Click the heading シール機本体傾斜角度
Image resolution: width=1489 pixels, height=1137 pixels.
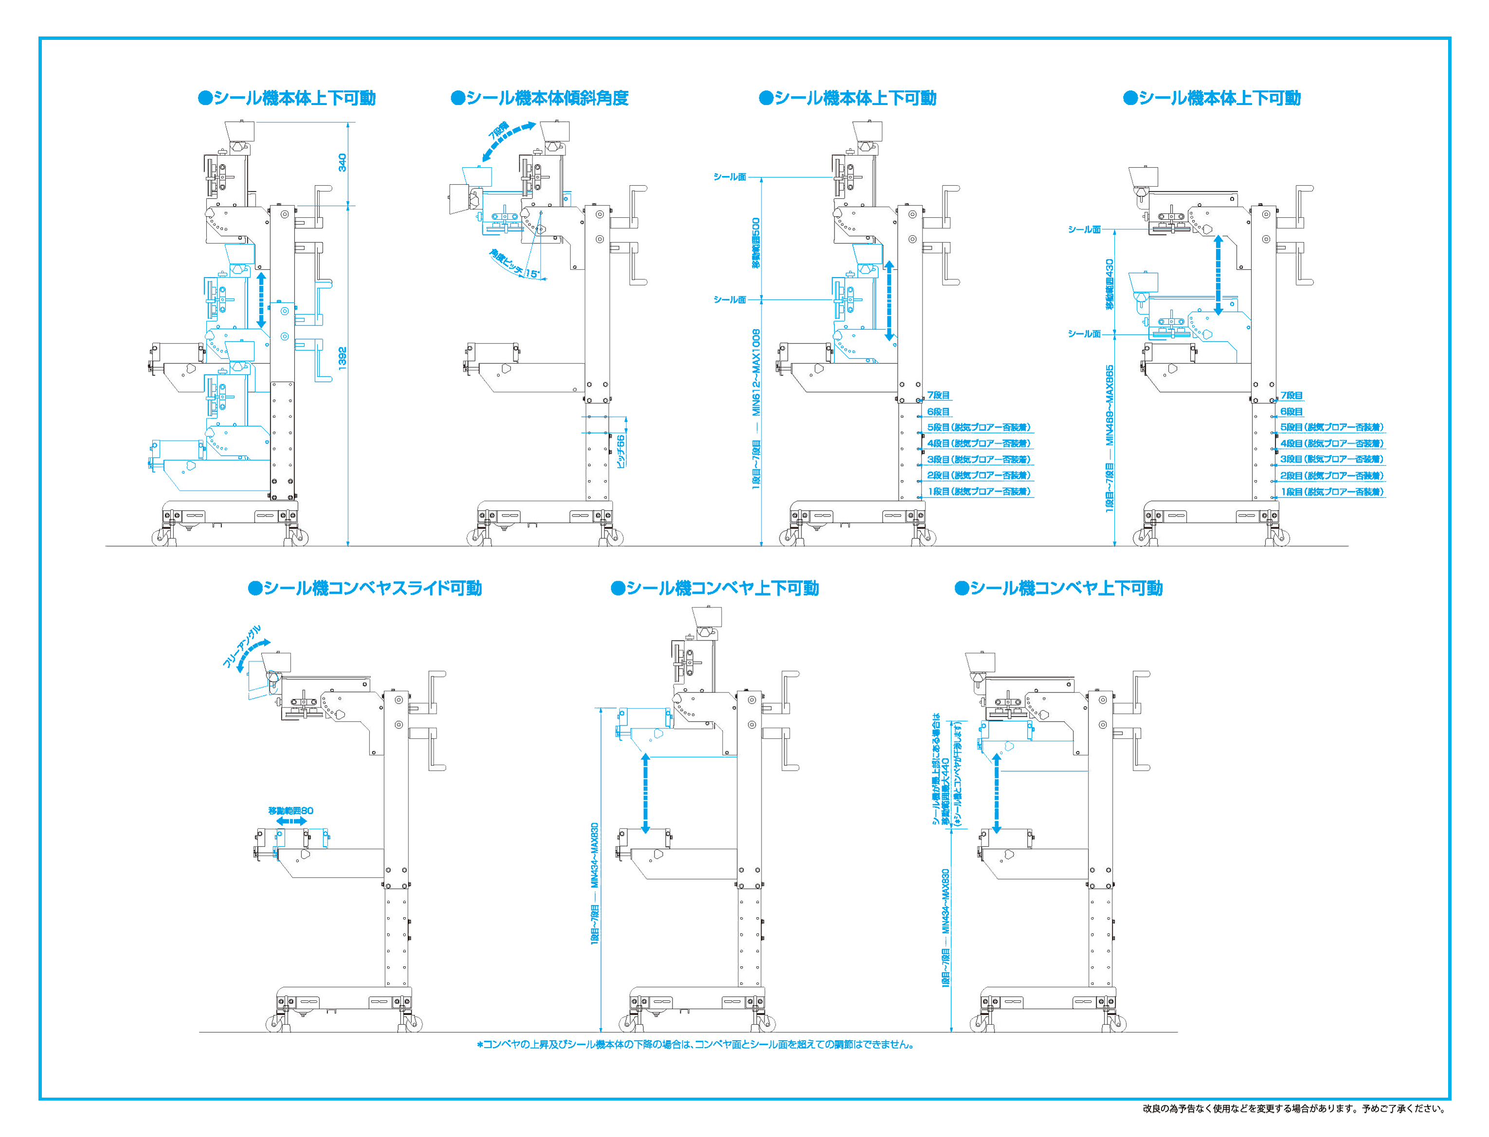click(540, 98)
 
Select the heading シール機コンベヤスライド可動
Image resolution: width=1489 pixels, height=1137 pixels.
click(365, 587)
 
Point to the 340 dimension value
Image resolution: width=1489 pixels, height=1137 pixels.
click(342, 162)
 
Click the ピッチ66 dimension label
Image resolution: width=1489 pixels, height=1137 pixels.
click(621, 450)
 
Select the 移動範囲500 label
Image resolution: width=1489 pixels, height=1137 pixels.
click(756, 242)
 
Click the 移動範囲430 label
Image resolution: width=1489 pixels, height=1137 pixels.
click(1109, 284)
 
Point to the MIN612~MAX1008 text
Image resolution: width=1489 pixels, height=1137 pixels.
click(756, 372)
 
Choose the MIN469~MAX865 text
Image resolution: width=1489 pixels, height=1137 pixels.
click(1109, 405)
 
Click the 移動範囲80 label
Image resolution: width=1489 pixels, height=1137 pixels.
click(291, 810)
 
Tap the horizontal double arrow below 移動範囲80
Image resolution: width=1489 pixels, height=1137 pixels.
click(291, 821)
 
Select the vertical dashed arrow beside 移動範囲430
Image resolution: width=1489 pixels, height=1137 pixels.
click(1217, 275)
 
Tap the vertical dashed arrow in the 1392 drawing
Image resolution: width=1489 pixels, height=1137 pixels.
click(261, 300)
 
